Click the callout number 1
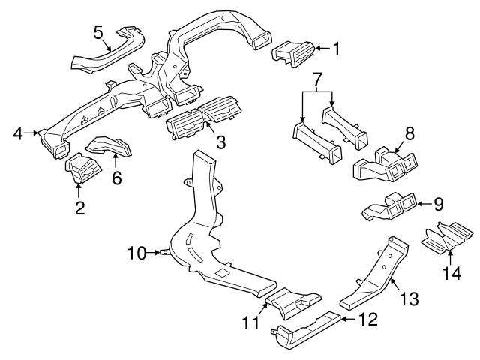click(337, 49)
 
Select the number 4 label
click(18, 134)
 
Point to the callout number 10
click(136, 253)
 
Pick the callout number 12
click(365, 320)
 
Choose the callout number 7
click(318, 78)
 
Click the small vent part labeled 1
click(292, 54)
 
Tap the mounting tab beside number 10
click(163, 253)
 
